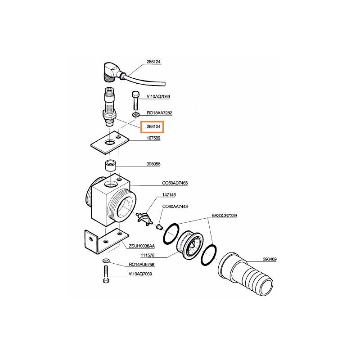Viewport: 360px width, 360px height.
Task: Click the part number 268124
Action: point(153,62)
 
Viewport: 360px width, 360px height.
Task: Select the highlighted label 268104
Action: point(153,126)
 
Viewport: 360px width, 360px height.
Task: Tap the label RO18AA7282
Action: point(159,113)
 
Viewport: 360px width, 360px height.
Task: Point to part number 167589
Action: point(153,138)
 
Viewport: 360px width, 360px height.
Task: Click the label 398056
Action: point(153,164)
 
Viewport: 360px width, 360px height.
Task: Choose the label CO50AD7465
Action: point(175,183)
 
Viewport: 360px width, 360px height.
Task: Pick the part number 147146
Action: point(169,195)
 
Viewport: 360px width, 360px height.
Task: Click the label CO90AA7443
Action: point(175,207)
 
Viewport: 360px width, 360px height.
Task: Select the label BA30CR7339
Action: point(224,216)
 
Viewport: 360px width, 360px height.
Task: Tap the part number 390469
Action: point(270,259)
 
